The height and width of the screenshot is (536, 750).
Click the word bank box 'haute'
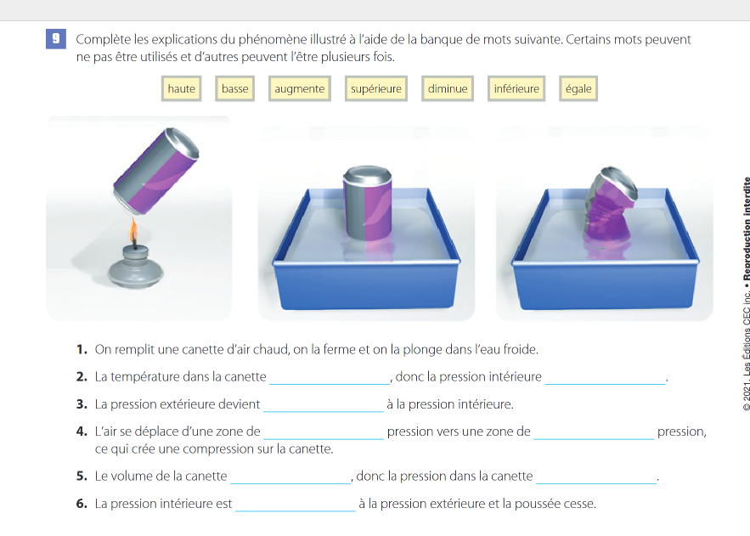tap(181, 88)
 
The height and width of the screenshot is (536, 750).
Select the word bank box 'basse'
tap(235, 88)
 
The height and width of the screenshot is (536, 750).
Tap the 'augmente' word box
tap(300, 88)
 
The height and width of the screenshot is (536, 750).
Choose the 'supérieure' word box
tap(376, 88)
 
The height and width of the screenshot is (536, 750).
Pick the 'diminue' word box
tap(448, 88)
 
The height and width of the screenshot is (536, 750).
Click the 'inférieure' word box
tap(516, 88)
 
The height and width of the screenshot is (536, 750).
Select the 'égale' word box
tap(578, 88)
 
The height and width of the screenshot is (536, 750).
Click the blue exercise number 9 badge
tap(56, 39)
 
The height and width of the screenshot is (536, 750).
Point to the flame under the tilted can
tap(134, 230)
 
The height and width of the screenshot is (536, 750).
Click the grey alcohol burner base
tap(135, 268)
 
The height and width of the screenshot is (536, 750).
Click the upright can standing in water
tap(367, 203)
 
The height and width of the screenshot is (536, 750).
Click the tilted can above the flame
tap(156, 170)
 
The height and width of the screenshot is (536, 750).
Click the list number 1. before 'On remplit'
tap(82, 349)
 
